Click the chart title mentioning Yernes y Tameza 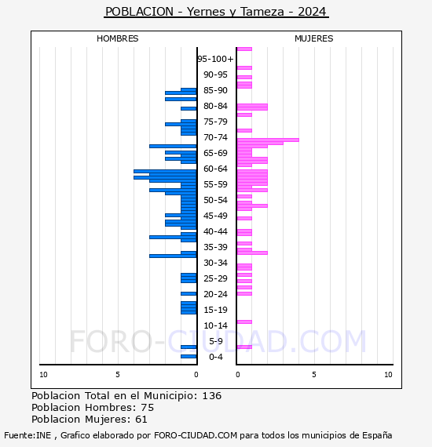[216, 12]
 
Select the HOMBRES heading [117, 38]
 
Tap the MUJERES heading [314, 38]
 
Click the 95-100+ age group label [215, 59]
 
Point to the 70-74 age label [215, 137]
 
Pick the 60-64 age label [215, 169]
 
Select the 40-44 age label [215, 231]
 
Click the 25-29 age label [215, 278]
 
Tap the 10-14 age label [215, 325]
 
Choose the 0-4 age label [216, 357]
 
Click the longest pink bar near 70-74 [268, 140]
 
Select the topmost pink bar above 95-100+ [244, 49]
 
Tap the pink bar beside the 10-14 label [244, 322]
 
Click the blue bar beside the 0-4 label [189, 356]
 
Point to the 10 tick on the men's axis [43, 375]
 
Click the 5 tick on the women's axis [314, 375]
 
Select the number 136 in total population [211, 396]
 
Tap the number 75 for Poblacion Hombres [148, 407]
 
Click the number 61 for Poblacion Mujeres [141, 420]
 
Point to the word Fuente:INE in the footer [27, 435]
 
